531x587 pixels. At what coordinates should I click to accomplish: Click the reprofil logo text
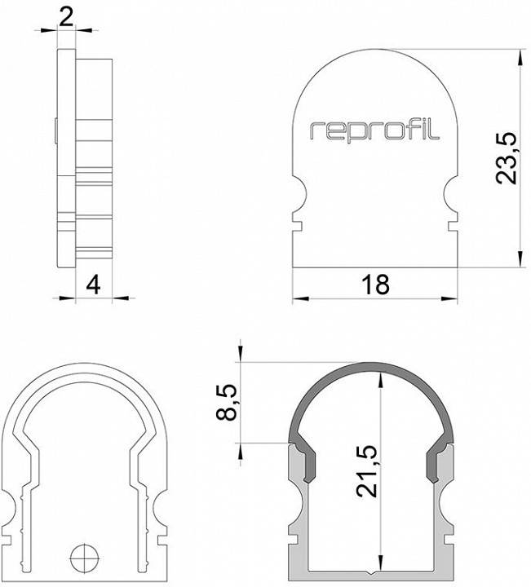[x=374, y=131]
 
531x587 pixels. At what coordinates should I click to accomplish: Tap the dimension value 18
[x=375, y=284]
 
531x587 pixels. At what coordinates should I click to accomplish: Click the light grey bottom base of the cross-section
[x=374, y=576]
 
